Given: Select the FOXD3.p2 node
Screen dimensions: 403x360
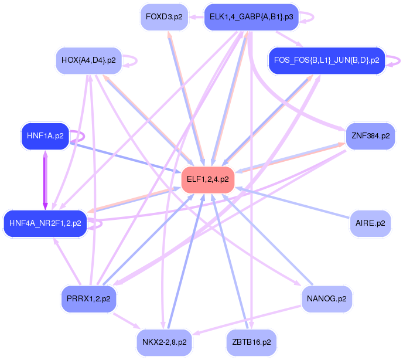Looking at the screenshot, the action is point(164,16).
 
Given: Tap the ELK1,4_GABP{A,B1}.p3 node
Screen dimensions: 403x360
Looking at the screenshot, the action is point(251,16).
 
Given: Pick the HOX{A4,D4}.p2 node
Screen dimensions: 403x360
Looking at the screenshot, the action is point(88,60).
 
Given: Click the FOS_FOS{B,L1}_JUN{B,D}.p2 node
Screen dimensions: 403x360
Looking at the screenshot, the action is point(326,60).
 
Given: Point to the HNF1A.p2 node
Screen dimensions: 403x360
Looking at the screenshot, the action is point(45,135).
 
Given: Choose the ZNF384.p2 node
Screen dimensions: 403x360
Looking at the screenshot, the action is point(370,135).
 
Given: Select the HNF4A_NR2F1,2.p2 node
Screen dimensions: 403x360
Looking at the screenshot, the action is point(45,223).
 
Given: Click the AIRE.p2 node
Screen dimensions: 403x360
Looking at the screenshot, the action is point(370,223).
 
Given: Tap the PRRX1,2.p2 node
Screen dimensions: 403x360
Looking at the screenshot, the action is point(88,298).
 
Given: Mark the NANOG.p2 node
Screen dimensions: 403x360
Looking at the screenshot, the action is point(326,298).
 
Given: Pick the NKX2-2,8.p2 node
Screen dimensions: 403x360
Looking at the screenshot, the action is point(164,341).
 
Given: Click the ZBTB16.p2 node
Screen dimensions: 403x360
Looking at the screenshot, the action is point(251,341).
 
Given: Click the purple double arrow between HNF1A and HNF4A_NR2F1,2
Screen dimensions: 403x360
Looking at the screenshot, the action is point(45,179).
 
